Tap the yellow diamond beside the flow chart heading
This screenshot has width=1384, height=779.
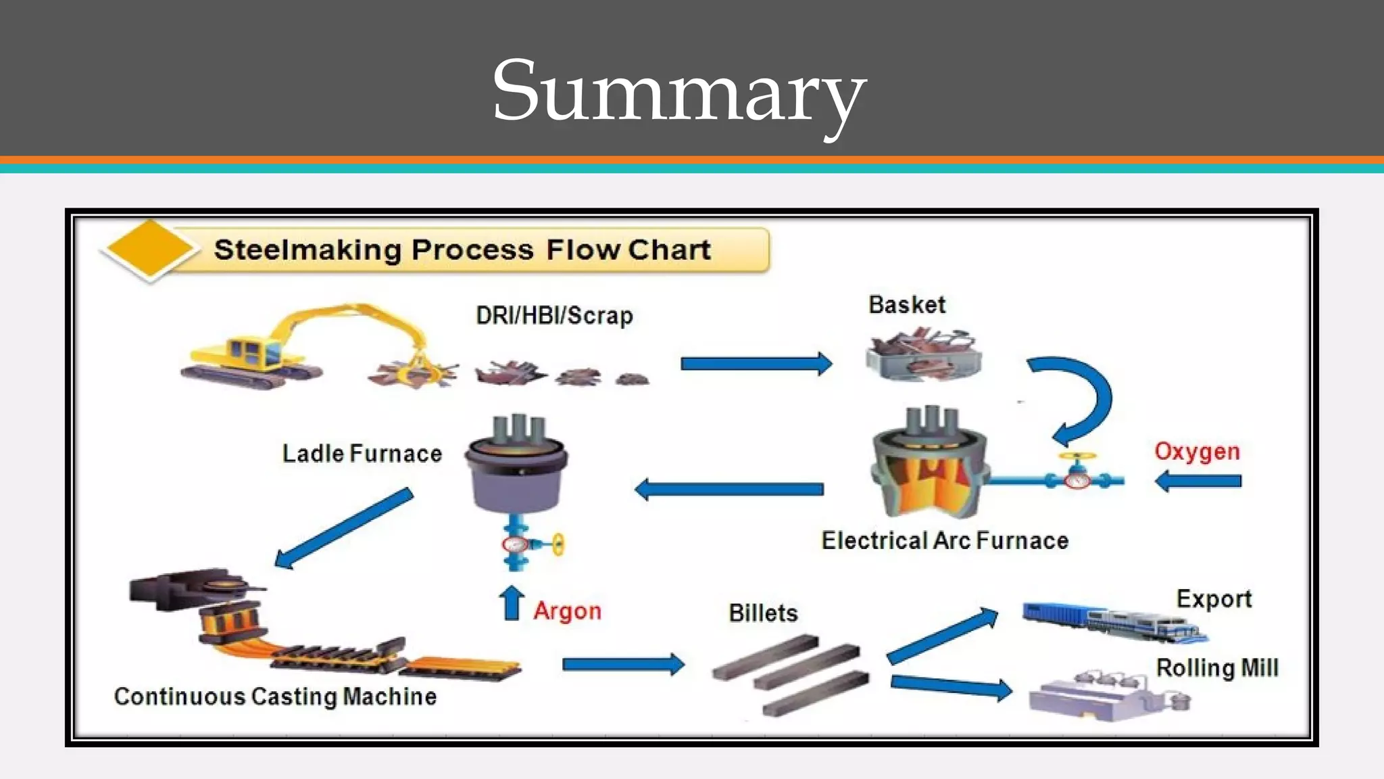[150, 249]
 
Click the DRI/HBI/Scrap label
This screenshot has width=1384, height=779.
[554, 316]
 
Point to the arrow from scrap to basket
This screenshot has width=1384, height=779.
[756, 364]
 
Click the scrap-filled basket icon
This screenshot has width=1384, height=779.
[923, 355]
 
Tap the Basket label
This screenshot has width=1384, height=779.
[906, 305]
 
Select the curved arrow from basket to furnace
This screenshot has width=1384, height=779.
[1081, 399]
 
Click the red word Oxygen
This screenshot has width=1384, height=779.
[1197, 452]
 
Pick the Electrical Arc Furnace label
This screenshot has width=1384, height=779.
[945, 541]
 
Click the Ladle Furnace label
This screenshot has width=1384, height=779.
[362, 454]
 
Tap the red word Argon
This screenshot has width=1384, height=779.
[567, 611]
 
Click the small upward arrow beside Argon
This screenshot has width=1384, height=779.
[512, 603]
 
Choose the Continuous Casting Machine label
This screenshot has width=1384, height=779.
[275, 697]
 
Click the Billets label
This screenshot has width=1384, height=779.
[763, 613]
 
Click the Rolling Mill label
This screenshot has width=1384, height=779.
[1217, 668]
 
